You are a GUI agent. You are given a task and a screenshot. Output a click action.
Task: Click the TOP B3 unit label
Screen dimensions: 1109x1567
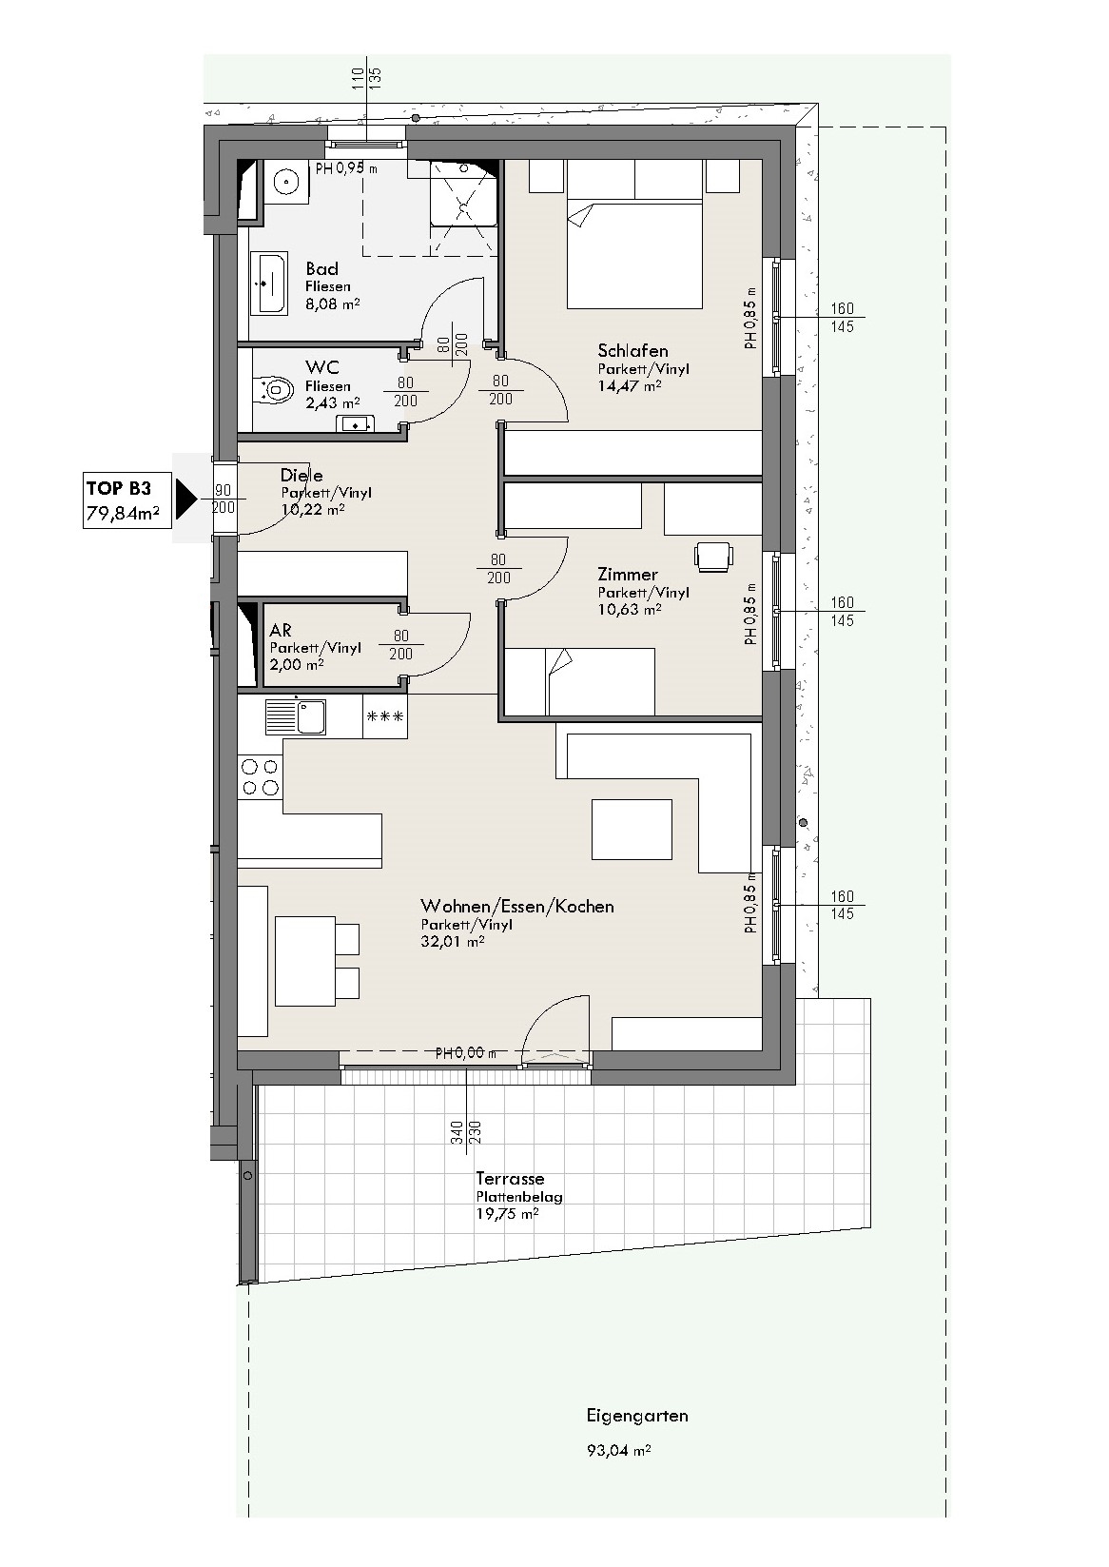119,487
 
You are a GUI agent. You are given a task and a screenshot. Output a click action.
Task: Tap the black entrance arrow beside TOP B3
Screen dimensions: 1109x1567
186,499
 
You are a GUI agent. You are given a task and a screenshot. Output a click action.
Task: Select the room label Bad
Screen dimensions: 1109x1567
321,268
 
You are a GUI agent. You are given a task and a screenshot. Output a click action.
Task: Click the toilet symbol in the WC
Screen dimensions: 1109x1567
275,389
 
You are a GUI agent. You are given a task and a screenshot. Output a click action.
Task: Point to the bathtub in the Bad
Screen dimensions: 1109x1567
268,284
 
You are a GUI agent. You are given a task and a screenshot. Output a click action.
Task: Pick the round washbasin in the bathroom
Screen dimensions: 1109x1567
286,183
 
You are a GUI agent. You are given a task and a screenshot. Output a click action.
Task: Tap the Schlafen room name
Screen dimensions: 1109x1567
632,350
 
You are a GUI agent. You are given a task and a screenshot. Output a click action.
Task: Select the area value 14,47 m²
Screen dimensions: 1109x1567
630,385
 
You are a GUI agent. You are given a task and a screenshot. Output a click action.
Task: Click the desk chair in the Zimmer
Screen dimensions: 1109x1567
714,557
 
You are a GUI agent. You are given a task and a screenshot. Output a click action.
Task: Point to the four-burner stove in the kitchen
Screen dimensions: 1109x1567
260,778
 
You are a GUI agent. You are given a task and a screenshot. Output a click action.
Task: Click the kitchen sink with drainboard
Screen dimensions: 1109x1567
295,716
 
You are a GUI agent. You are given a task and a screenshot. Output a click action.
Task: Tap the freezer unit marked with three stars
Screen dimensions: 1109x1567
385,716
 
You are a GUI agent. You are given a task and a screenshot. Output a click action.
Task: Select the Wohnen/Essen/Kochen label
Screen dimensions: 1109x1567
517,906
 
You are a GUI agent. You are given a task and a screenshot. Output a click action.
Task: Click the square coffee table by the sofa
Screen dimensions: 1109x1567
632,829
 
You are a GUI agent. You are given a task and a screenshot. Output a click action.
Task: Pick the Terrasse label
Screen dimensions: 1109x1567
510,1178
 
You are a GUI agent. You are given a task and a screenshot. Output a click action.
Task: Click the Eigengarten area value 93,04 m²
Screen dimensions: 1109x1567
619,1450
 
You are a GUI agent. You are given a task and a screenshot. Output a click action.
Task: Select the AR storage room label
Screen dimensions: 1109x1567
281,630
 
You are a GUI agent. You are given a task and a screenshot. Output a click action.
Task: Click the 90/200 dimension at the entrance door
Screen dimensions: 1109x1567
224,499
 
